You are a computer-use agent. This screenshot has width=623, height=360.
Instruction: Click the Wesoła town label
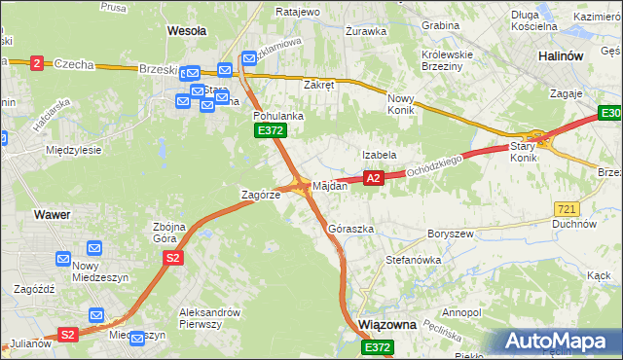pyautogui.click(x=186, y=30)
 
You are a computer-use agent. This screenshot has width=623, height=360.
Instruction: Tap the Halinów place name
pyautogui.click(x=561, y=56)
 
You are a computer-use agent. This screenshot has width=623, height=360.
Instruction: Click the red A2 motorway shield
pyautogui.click(x=374, y=178)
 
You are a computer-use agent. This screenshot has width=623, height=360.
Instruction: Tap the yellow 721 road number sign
pyautogui.click(x=566, y=208)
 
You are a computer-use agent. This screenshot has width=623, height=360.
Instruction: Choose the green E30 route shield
pyautogui.click(x=608, y=116)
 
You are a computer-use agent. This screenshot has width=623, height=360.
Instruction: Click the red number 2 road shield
pyautogui.click(x=37, y=63)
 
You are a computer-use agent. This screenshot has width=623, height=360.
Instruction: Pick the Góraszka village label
pyautogui.click(x=350, y=229)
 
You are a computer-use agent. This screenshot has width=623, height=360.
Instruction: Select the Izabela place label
pyautogui.click(x=379, y=155)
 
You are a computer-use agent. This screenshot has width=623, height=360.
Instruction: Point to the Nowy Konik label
pyautogui.click(x=402, y=104)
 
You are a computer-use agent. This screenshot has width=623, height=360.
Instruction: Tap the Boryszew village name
pyautogui.click(x=450, y=234)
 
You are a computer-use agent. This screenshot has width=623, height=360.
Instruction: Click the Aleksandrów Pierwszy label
pyautogui.click(x=209, y=318)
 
